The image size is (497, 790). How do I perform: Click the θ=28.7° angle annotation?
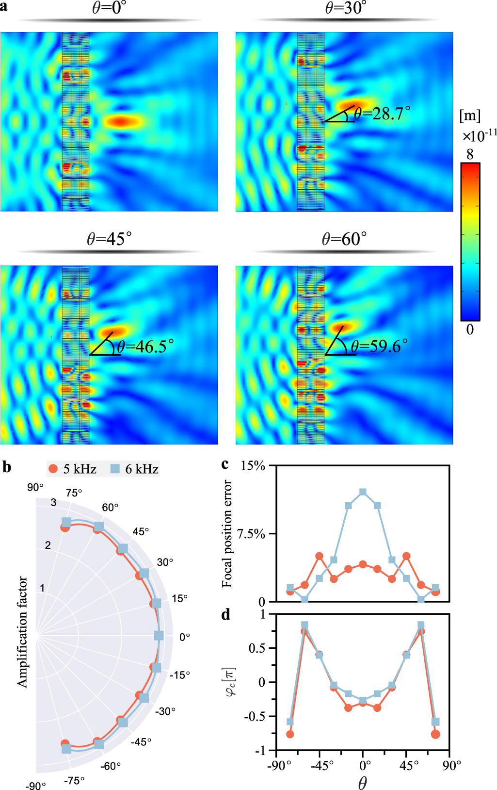coord(382,114)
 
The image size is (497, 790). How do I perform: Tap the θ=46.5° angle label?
coord(145,346)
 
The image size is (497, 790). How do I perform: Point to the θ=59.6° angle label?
coord(379,346)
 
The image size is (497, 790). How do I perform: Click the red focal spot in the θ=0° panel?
coord(122,121)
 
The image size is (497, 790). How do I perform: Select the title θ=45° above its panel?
coord(109,239)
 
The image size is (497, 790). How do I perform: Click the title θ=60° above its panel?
coord(344,239)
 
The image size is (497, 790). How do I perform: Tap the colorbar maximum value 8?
coord(470,154)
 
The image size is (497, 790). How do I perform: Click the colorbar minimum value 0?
coord(470,329)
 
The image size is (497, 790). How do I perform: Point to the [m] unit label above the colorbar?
coord(470,115)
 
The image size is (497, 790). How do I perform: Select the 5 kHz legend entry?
coord(73,469)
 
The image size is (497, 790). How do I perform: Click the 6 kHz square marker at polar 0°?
coord(159,636)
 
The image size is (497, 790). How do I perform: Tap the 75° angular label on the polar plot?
coord(74,493)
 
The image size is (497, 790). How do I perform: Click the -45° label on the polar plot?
coord(141,742)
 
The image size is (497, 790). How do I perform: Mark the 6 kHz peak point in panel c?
coord(363,492)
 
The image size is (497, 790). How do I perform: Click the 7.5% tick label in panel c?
coord(251,534)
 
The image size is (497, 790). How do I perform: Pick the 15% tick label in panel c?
coord(253,466)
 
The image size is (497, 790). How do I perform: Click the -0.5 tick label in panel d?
coord(255,717)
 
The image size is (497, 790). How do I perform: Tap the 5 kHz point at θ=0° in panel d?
coord(363,703)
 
